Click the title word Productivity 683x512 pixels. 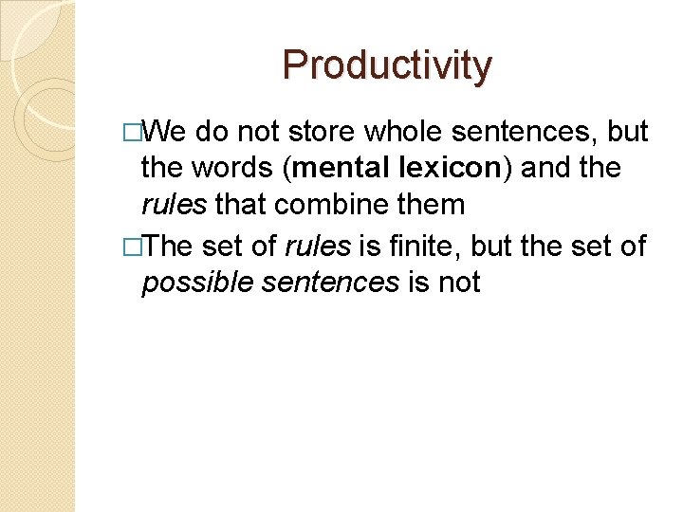387,65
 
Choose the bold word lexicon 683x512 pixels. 446,168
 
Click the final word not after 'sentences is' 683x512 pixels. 459,282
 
